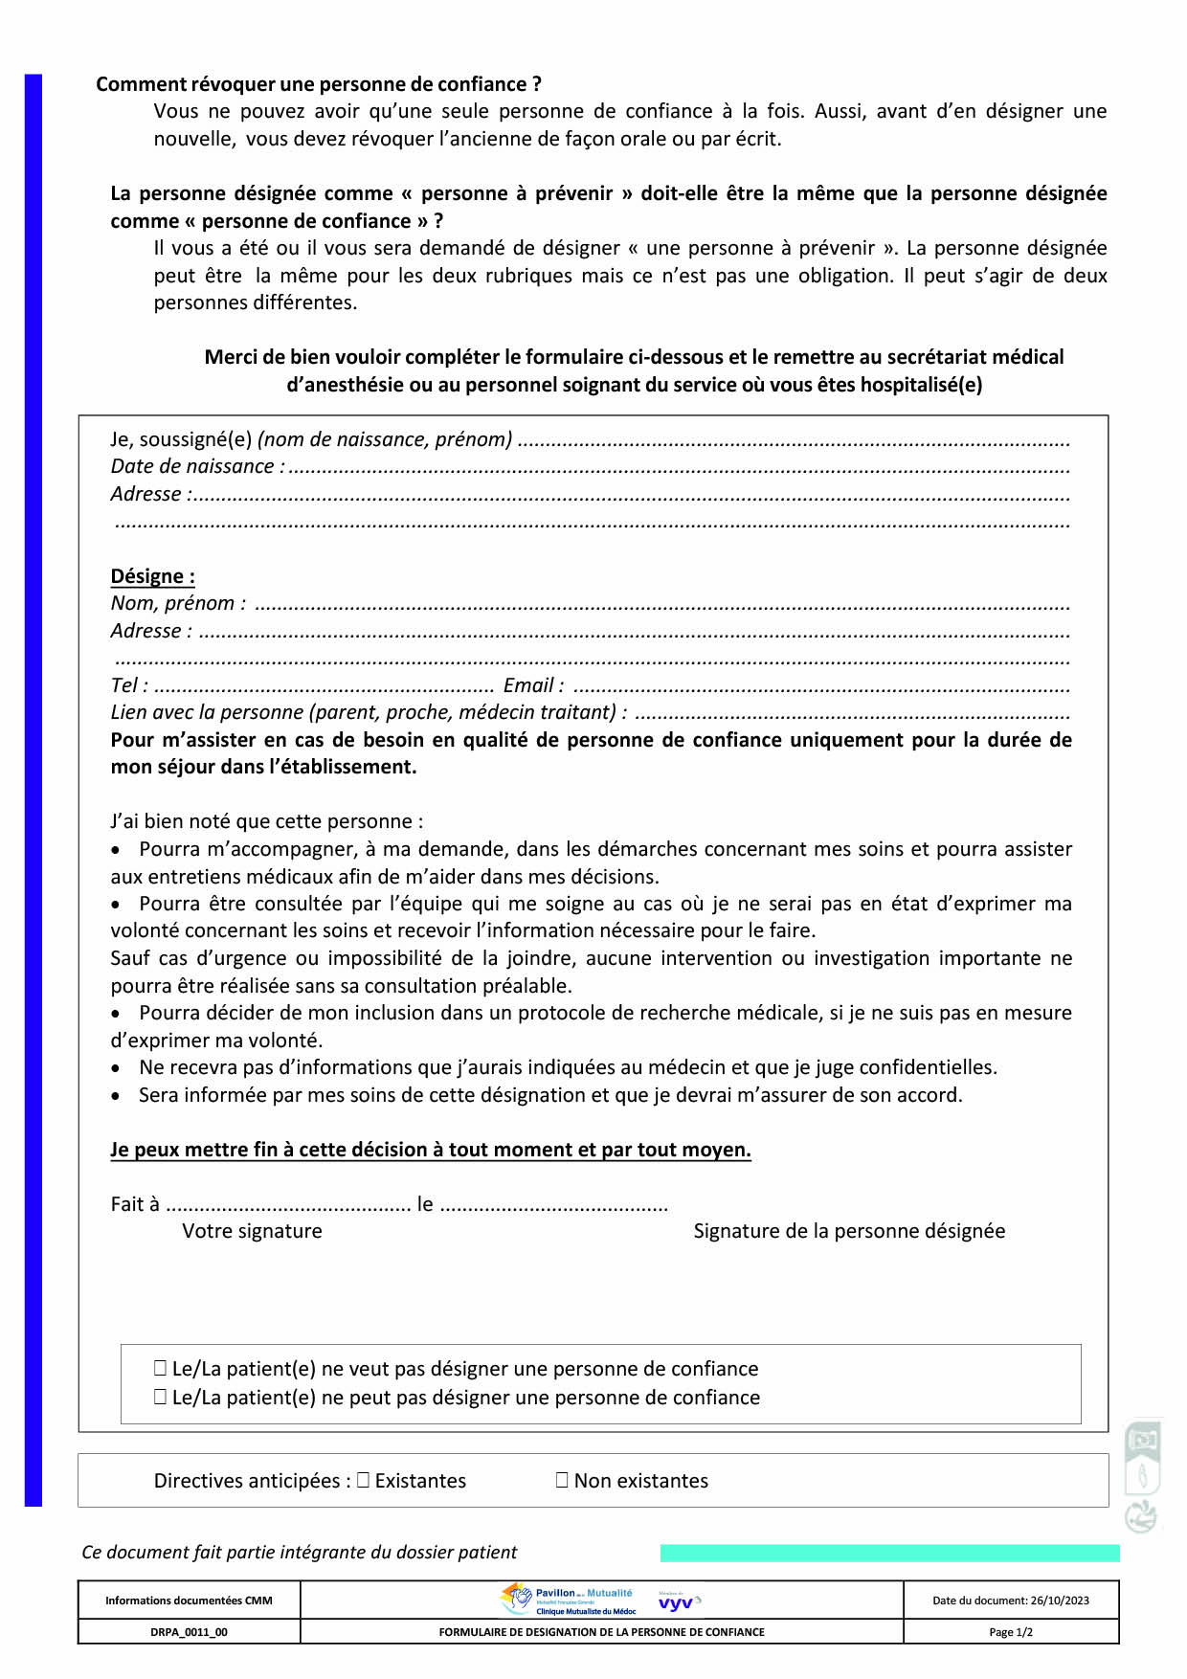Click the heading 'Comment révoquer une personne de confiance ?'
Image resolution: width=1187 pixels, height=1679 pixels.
pos(319,84)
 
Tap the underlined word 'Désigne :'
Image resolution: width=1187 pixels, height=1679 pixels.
pos(152,576)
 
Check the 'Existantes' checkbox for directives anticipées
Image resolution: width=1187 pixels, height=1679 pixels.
pos(363,1480)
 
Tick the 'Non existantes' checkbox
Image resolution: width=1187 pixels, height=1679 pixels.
pos(562,1480)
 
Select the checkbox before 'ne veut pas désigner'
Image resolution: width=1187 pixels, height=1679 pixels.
pos(160,1369)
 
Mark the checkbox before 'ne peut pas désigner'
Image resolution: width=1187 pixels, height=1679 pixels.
pos(160,1398)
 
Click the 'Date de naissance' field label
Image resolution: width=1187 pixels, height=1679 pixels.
pos(195,466)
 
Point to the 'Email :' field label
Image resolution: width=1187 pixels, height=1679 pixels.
pos(533,685)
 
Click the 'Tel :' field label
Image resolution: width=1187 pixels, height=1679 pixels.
pos(129,685)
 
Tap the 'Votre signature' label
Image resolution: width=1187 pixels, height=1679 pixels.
pos(252,1231)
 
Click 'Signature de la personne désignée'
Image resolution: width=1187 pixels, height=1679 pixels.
pos(849,1231)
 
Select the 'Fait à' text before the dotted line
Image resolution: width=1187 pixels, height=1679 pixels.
pos(135,1204)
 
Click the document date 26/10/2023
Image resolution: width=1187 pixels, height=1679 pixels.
pos(1011,1601)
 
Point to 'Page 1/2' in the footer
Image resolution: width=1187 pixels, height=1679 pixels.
pos(1011,1632)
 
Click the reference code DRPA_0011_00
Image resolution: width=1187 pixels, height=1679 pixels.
pos(189,1632)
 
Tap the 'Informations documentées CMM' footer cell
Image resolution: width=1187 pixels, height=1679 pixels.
pos(189,1601)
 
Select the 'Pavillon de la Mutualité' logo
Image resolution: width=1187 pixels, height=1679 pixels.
pos(571,1600)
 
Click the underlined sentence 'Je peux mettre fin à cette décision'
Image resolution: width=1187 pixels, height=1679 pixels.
pos(431,1150)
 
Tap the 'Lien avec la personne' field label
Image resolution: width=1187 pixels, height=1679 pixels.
pos(369,712)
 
